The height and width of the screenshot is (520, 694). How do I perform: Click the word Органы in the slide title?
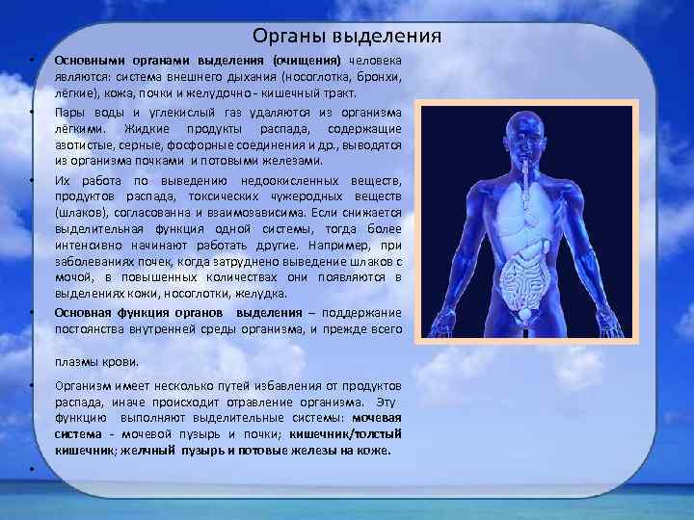pyautogui.click(x=284, y=36)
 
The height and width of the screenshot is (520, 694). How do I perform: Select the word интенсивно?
pyautogui.click(x=90, y=245)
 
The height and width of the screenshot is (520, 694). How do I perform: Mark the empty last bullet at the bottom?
pyautogui.click(x=32, y=468)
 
